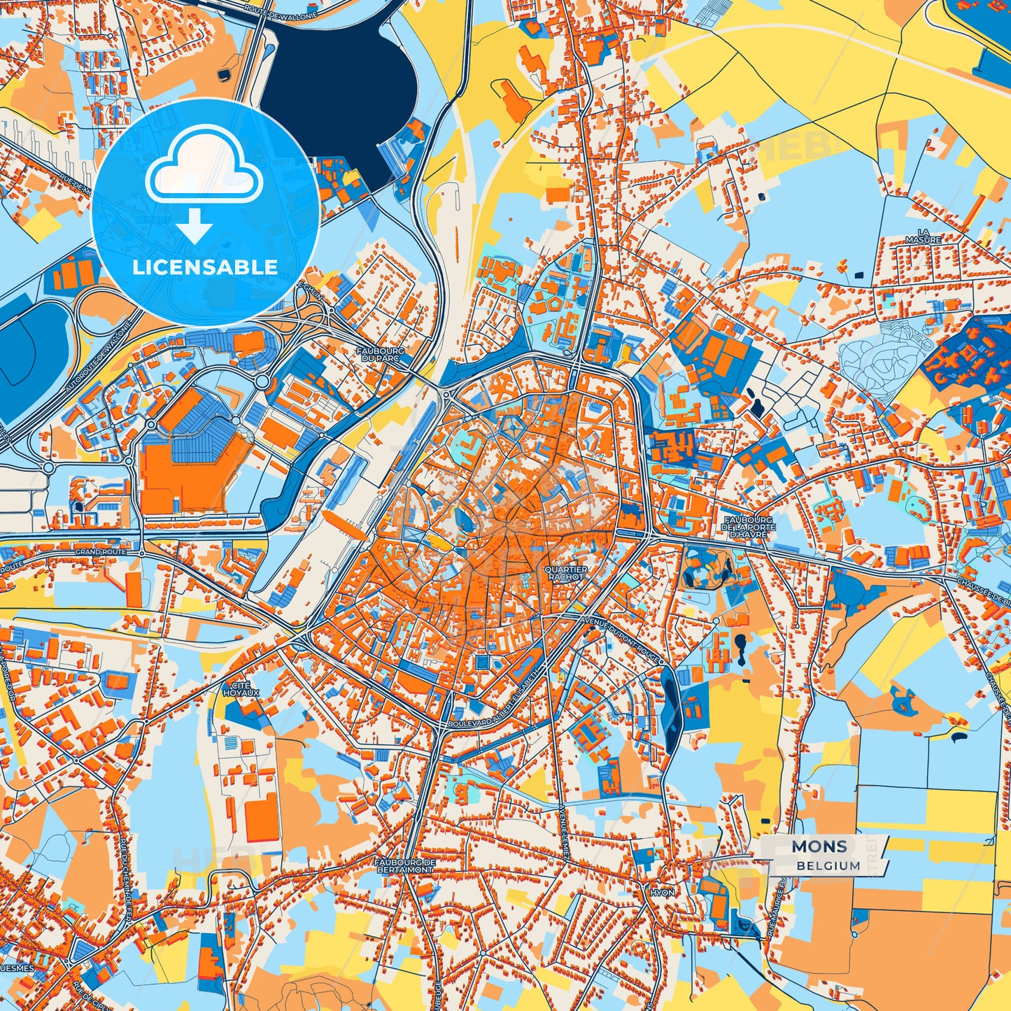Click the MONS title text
[x=819, y=847]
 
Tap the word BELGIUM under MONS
[x=828, y=865]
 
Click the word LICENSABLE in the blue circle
[x=205, y=267]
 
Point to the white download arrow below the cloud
[x=195, y=226]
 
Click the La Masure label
[x=924, y=236]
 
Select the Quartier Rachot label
[x=566, y=573]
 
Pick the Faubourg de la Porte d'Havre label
[x=748, y=528]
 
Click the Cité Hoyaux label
[x=241, y=688]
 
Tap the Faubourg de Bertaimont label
[x=405, y=866]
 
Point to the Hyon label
[x=662, y=893]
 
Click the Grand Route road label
[x=101, y=552]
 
